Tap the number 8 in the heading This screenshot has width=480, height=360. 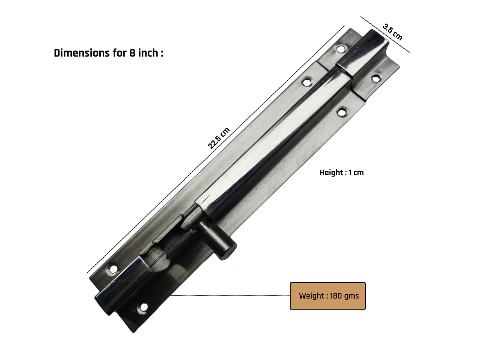pos(132,53)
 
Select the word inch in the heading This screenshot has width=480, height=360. pos(148,53)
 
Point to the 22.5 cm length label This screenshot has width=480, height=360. pos(219,138)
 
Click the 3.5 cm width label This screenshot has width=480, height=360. pos(393,32)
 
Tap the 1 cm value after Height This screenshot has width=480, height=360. pos(356,173)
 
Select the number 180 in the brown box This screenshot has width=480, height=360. pos(336,296)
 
